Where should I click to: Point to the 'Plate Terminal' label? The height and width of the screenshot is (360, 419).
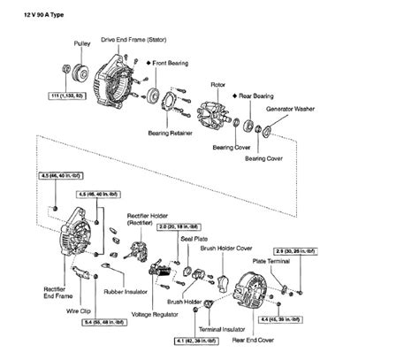tap(270, 263)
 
